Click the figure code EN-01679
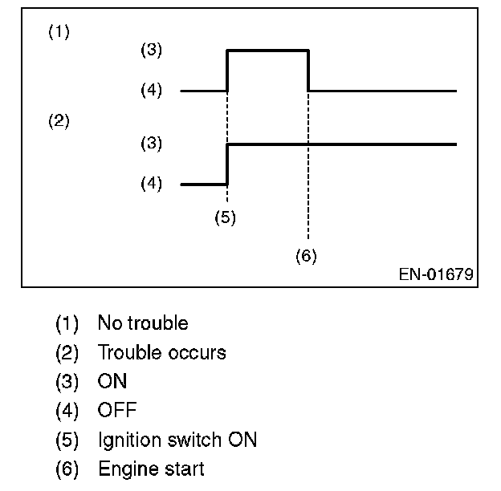point(436,274)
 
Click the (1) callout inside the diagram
point(59,33)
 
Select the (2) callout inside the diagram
point(59,122)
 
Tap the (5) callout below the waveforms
point(226,217)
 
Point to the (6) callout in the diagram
point(306,256)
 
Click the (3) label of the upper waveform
point(150,50)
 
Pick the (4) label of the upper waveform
point(150,91)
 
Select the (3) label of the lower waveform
point(150,144)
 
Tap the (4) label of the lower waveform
point(150,184)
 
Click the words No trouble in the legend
point(143,323)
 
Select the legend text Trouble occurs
point(161,352)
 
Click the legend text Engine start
point(151,469)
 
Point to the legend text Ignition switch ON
point(177,440)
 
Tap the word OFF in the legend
point(117,411)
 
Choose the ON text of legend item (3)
point(112,382)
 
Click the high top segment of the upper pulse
point(269,51)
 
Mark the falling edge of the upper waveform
point(309,71)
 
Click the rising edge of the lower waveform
point(228,164)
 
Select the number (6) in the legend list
point(67,469)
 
